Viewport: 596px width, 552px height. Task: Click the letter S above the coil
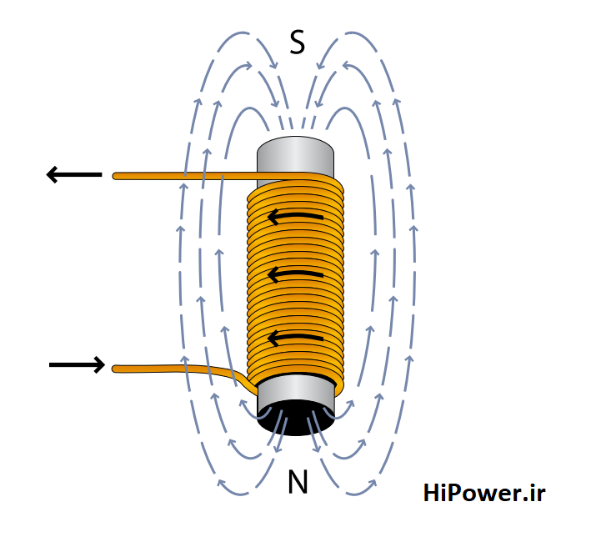297,42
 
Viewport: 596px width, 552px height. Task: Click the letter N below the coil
298,482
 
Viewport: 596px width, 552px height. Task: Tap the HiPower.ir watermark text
483,493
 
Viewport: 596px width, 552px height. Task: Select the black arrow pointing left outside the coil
73,174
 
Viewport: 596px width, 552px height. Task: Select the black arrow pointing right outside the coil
77,364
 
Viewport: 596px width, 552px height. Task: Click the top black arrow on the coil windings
295,218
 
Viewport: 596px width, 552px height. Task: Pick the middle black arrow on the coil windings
295,274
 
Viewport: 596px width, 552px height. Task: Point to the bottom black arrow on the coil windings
295,338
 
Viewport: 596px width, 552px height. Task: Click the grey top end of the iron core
295,155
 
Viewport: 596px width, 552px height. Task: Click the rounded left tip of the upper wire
116,176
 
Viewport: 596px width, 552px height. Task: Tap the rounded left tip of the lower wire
116,368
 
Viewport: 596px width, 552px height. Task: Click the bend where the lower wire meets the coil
246,379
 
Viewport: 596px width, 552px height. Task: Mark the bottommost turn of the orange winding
296,380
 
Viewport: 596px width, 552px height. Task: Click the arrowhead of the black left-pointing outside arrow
53,174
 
